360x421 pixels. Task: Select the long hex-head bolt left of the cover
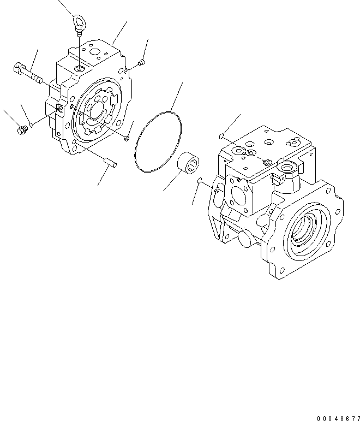click(27, 73)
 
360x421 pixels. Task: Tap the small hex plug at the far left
click(23, 130)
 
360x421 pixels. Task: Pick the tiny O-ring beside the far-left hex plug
click(33, 125)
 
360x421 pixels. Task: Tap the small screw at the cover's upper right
click(141, 64)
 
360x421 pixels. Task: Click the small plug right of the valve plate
click(127, 138)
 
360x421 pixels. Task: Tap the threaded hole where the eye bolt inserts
click(80, 68)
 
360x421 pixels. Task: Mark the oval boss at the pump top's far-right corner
click(295, 144)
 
